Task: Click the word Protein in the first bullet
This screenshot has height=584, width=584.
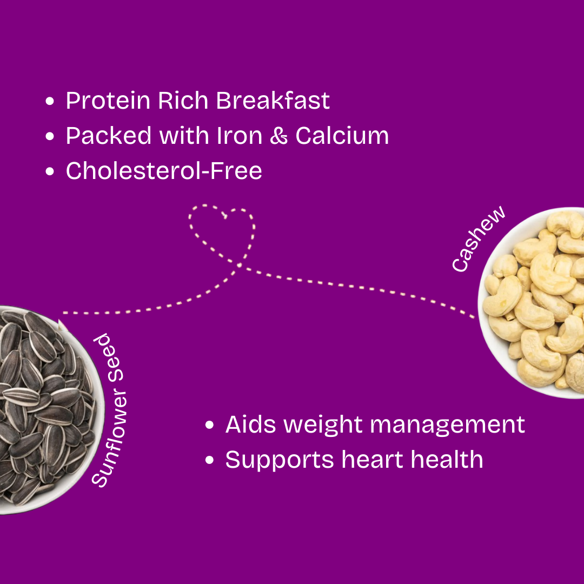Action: (x=108, y=101)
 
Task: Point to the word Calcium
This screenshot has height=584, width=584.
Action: (x=342, y=135)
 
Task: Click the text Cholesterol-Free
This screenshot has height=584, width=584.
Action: (x=164, y=170)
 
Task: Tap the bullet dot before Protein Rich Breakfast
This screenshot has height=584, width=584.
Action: (x=50, y=101)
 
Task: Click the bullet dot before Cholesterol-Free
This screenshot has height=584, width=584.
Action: (x=50, y=171)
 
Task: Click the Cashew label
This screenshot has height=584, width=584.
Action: (x=478, y=238)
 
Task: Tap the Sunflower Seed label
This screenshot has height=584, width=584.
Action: (x=109, y=410)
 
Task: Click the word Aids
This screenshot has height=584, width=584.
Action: (x=251, y=424)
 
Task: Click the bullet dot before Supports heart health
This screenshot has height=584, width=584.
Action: (x=209, y=460)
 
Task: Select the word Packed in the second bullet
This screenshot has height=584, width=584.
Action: (x=109, y=135)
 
